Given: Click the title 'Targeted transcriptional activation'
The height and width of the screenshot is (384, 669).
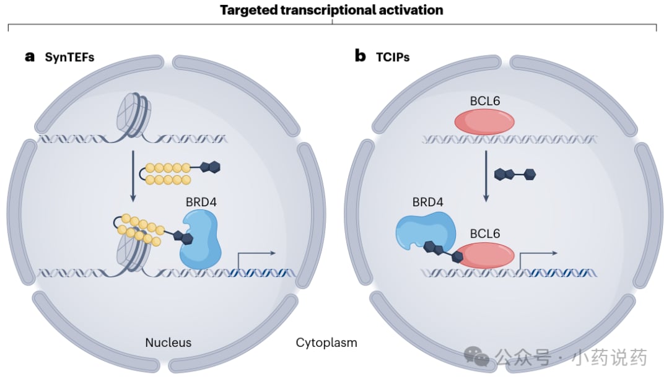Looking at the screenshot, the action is pyautogui.click(x=331, y=10).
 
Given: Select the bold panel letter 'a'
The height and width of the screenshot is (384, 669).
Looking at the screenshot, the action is pyautogui.click(x=30, y=57).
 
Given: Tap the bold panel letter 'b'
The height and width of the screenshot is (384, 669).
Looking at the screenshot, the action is pyautogui.click(x=361, y=56).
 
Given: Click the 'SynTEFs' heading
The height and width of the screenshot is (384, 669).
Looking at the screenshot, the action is pyautogui.click(x=69, y=57).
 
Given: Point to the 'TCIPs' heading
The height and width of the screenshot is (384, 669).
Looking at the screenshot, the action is pyautogui.click(x=393, y=57).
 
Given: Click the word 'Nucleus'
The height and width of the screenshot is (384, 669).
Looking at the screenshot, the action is pyautogui.click(x=168, y=342).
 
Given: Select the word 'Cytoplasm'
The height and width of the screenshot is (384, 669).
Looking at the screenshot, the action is pyautogui.click(x=326, y=343).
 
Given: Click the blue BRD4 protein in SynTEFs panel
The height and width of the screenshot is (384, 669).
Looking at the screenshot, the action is pyautogui.click(x=201, y=240).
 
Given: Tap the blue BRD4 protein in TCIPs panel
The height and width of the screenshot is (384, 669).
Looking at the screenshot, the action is pyautogui.click(x=425, y=231).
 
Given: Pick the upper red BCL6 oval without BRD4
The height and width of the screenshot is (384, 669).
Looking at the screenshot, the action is pyautogui.click(x=484, y=121).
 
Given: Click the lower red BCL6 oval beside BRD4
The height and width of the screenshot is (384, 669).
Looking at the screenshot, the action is pyautogui.click(x=485, y=255).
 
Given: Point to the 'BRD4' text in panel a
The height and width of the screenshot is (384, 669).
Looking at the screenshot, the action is pyautogui.click(x=201, y=202).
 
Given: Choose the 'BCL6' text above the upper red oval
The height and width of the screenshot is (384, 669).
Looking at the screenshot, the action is pyautogui.click(x=484, y=101).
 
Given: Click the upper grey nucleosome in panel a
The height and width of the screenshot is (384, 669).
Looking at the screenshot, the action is pyautogui.click(x=133, y=115).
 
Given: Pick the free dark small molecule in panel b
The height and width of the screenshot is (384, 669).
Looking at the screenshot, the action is pyautogui.click(x=515, y=174).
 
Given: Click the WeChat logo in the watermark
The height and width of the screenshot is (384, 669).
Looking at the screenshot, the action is pyautogui.click(x=476, y=356).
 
